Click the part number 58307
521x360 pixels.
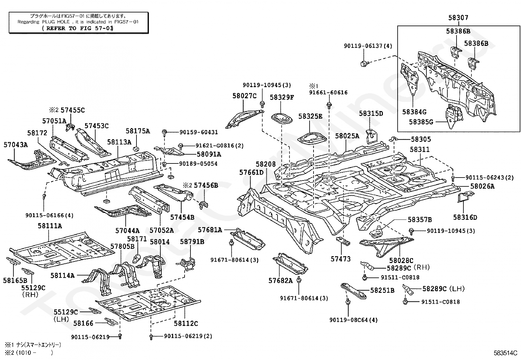click(x=458, y=18)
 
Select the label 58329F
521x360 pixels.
click(x=282, y=97)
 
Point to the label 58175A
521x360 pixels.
click(x=138, y=131)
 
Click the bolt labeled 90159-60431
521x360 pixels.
click(x=165, y=132)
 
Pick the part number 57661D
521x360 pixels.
click(x=251, y=172)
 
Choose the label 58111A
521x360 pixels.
click(x=50, y=226)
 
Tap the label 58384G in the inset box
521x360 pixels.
click(x=414, y=112)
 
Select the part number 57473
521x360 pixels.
click(x=340, y=259)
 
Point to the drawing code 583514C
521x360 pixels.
click(x=505, y=353)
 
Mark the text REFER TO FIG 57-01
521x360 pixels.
click(x=78, y=28)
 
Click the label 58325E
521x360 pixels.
click(x=310, y=116)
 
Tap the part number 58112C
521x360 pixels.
click(x=186, y=323)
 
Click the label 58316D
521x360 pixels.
click(x=465, y=217)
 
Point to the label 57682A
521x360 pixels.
click(x=280, y=280)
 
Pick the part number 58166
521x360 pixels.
click(x=83, y=323)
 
